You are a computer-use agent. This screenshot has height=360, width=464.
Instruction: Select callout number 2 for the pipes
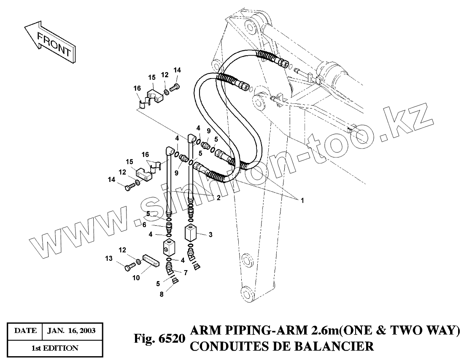(218, 198)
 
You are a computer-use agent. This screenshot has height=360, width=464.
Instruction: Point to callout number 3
(210, 234)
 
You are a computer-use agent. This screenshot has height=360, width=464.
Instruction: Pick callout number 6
(156, 225)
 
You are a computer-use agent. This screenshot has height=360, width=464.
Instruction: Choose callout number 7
(185, 273)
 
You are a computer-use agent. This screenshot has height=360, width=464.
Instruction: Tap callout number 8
(161, 295)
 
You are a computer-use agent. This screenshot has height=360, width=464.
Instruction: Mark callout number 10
(136, 277)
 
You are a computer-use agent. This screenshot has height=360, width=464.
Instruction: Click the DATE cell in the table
(25, 331)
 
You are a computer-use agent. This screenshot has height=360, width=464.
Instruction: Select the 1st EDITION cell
(55, 348)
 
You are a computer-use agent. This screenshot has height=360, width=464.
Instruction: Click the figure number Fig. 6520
(159, 339)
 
